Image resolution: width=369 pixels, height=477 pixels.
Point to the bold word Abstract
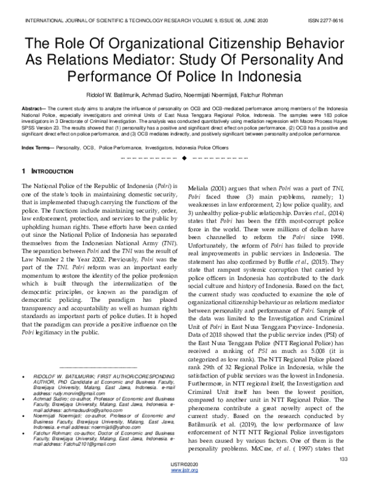coord(34,108)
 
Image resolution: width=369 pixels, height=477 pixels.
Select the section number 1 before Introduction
coord(23,170)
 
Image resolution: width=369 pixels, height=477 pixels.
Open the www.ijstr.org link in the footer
coord(184,471)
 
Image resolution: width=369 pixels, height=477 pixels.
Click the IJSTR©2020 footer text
coord(184,465)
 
